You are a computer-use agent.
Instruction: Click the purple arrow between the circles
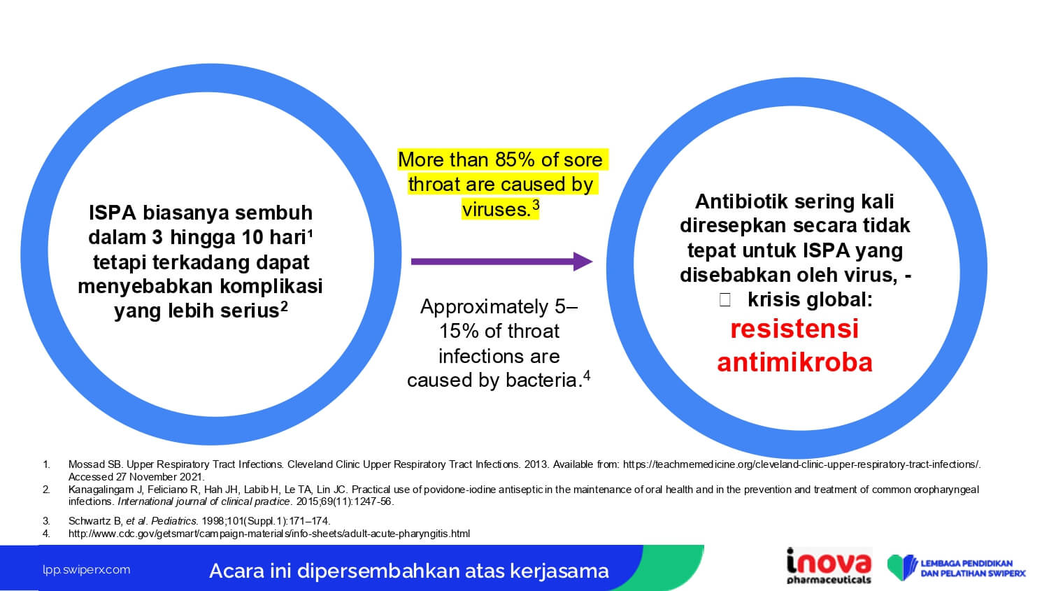[501, 262]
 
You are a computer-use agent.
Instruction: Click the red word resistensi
[794, 328]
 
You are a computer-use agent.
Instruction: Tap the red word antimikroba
[794, 362]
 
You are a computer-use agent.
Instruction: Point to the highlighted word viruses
[496, 209]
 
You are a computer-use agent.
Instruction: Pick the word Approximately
[484, 307]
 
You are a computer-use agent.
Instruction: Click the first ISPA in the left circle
[112, 213]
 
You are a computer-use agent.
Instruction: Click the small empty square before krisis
[725, 300]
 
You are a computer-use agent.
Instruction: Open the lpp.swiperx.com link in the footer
[86, 570]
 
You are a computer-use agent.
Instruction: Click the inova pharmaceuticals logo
[829, 567]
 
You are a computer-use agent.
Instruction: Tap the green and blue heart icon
[902, 567]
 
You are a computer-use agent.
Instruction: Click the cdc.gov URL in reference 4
[269, 534]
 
